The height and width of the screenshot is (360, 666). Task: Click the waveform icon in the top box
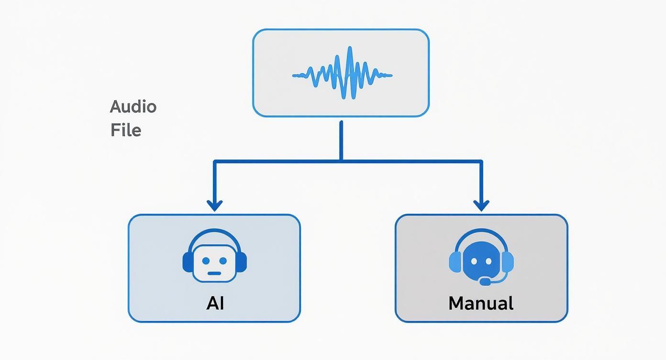tap(342, 74)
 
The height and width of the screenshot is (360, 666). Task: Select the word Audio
tap(133, 107)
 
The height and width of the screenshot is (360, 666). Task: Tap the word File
tap(126, 130)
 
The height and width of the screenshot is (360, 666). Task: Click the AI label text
tap(215, 303)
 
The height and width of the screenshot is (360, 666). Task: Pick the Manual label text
tap(481, 303)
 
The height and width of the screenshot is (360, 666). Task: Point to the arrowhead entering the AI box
tap(215, 206)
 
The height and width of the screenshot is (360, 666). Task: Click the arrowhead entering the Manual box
tap(481, 206)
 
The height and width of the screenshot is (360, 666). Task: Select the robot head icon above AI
tap(215, 259)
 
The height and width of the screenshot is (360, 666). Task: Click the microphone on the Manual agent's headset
tap(485, 282)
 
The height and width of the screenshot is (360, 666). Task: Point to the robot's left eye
tap(206, 261)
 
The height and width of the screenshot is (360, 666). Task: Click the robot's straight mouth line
tap(215, 273)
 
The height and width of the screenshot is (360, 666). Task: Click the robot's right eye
tap(223, 261)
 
